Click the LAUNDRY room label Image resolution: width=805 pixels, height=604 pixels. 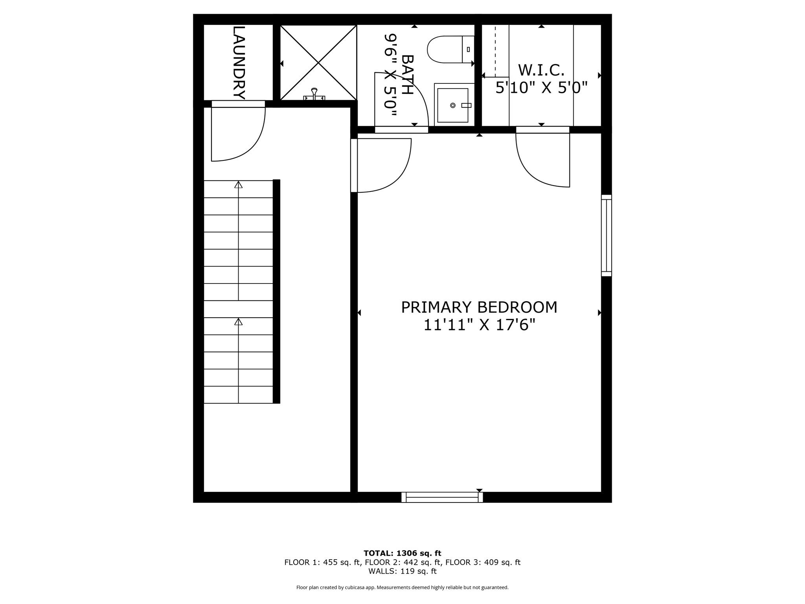click(x=239, y=63)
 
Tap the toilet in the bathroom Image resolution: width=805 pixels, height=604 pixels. click(x=448, y=50)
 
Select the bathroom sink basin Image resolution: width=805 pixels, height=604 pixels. click(x=453, y=105)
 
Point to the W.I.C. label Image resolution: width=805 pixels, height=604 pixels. click(x=541, y=70)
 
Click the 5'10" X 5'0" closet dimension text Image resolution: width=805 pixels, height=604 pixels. click(x=541, y=88)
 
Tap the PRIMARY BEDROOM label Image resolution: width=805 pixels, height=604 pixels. click(x=479, y=307)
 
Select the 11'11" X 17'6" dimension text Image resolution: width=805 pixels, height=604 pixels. click(x=479, y=325)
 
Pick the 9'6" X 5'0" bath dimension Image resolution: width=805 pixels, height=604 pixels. click(x=390, y=75)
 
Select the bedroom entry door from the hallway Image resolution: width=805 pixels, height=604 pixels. click(x=381, y=165)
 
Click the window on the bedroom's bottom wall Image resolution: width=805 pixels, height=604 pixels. click(x=442, y=497)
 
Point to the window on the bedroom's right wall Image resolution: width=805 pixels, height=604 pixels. click(x=606, y=235)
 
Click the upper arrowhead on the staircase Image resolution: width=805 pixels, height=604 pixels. click(x=238, y=185)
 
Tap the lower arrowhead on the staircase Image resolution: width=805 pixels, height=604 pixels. click(x=238, y=322)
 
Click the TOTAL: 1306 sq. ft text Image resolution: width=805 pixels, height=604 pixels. click(x=402, y=553)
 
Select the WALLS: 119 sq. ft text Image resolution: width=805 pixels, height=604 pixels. click(x=402, y=571)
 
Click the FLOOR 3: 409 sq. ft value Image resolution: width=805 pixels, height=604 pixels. click(x=483, y=562)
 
